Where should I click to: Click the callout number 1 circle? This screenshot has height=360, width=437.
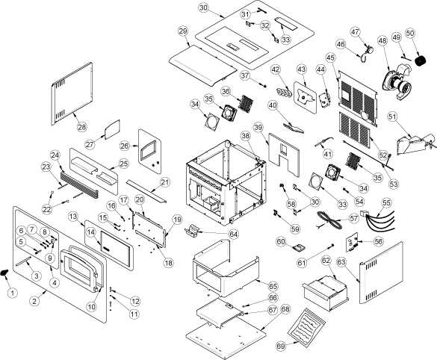[x=12, y=293]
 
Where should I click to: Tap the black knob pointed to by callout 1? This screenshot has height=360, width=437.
[x=4, y=272]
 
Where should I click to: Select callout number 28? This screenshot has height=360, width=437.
[x=81, y=126]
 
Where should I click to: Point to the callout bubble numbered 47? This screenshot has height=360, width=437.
[x=355, y=31]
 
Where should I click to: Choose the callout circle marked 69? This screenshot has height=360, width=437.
[x=281, y=347]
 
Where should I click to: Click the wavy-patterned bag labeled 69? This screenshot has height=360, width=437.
[x=306, y=327]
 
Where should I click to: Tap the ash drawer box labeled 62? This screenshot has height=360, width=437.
[x=326, y=294]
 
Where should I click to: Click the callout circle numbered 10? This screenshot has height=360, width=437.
[x=91, y=306]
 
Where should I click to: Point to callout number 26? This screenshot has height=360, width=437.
[x=125, y=146]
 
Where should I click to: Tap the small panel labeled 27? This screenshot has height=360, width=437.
[x=112, y=129]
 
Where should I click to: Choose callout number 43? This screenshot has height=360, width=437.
[x=301, y=69]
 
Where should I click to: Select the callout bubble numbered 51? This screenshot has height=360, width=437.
[x=392, y=117]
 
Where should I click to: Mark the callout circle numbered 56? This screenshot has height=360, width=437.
[x=378, y=241]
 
